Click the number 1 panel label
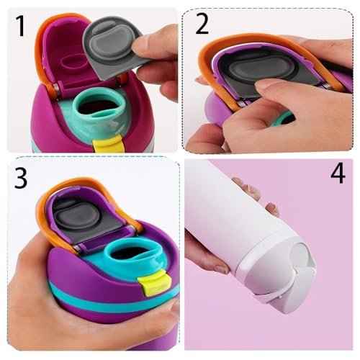19,27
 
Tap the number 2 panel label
202,24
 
